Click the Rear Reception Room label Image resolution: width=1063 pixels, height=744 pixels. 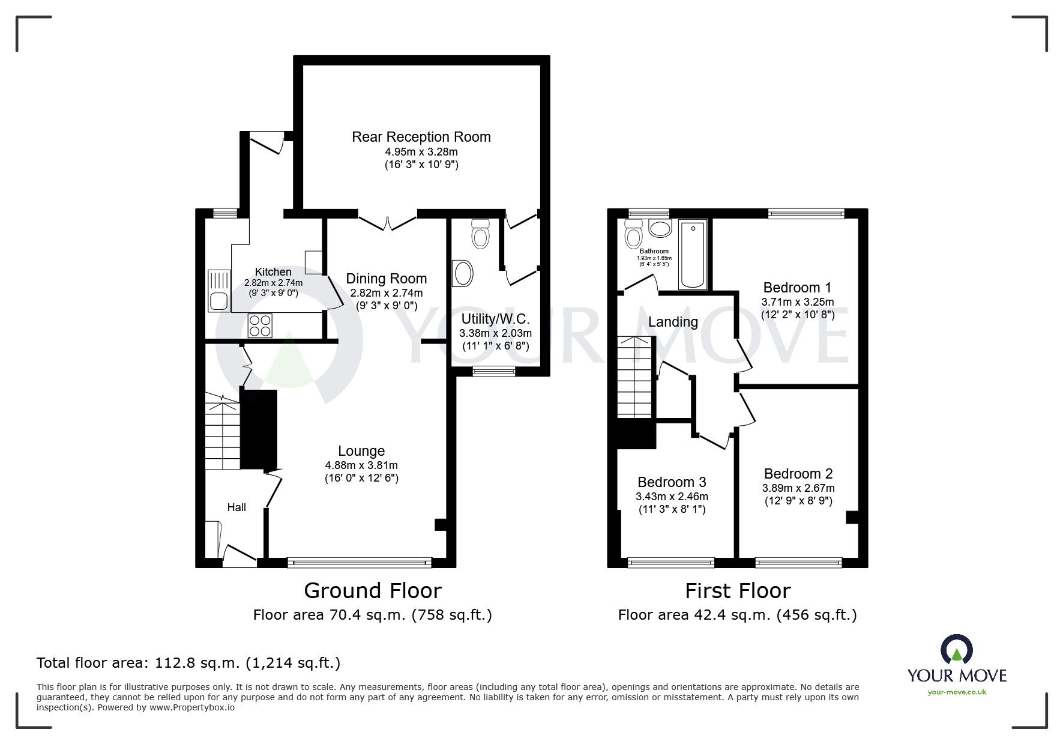(x=421, y=137)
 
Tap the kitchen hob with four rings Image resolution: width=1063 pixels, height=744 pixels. (x=260, y=325)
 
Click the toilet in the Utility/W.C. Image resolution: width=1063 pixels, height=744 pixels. (x=480, y=233)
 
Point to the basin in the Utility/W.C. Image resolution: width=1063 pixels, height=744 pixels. (x=463, y=274)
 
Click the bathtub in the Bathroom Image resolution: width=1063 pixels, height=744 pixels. (x=693, y=255)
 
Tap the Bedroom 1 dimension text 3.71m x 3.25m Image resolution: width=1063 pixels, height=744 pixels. (x=797, y=302)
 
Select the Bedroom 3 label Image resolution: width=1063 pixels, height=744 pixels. (x=672, y=482)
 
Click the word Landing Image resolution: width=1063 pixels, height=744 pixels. (x=673, y=322)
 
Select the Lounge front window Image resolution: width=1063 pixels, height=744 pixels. (x=359, y=563)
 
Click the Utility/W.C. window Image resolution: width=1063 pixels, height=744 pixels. (x=493, y=372)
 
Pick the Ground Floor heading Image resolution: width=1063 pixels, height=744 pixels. (x=372, y=590)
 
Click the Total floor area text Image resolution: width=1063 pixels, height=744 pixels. (x=188, y=663)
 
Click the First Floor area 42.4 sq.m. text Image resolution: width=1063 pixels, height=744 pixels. (x=737, y=615)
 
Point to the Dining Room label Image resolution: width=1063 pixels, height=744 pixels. (x=386, y=279)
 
